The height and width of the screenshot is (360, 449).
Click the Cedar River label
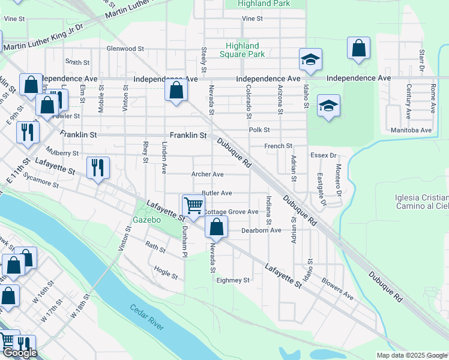point(146,317)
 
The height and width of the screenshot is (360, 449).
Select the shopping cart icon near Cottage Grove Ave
point(193,205)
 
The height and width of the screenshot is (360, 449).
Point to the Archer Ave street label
point(207,174)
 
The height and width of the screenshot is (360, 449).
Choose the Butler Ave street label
point(217,193)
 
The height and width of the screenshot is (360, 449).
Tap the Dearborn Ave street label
point(261,230)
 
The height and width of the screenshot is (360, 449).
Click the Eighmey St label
point(233,280)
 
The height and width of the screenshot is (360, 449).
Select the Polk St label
point(259,130)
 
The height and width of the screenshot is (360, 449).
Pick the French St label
point(279,146)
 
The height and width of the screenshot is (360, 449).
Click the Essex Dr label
point(323,155)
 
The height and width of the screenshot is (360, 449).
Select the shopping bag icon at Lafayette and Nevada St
point(216,227)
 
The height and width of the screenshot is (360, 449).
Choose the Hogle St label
point(166,272)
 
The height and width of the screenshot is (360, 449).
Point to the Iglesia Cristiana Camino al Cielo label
point(422,202)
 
